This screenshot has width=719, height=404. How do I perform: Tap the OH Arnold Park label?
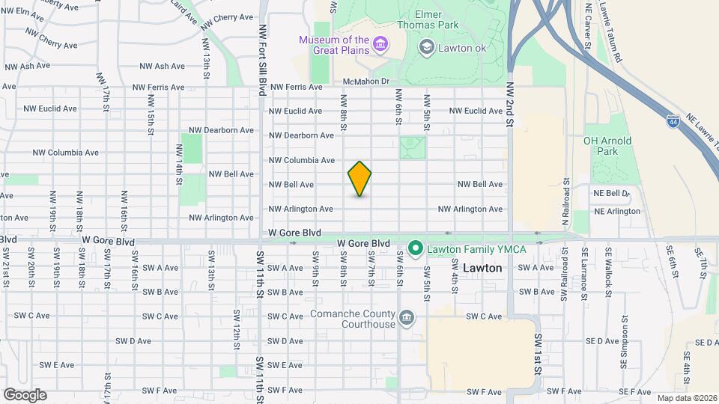607,146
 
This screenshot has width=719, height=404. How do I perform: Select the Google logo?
25,394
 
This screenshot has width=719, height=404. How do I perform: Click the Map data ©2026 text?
685,398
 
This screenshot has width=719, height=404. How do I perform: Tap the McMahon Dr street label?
366,82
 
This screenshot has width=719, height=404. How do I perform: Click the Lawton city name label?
482,267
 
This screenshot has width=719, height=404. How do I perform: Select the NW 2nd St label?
509,105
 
